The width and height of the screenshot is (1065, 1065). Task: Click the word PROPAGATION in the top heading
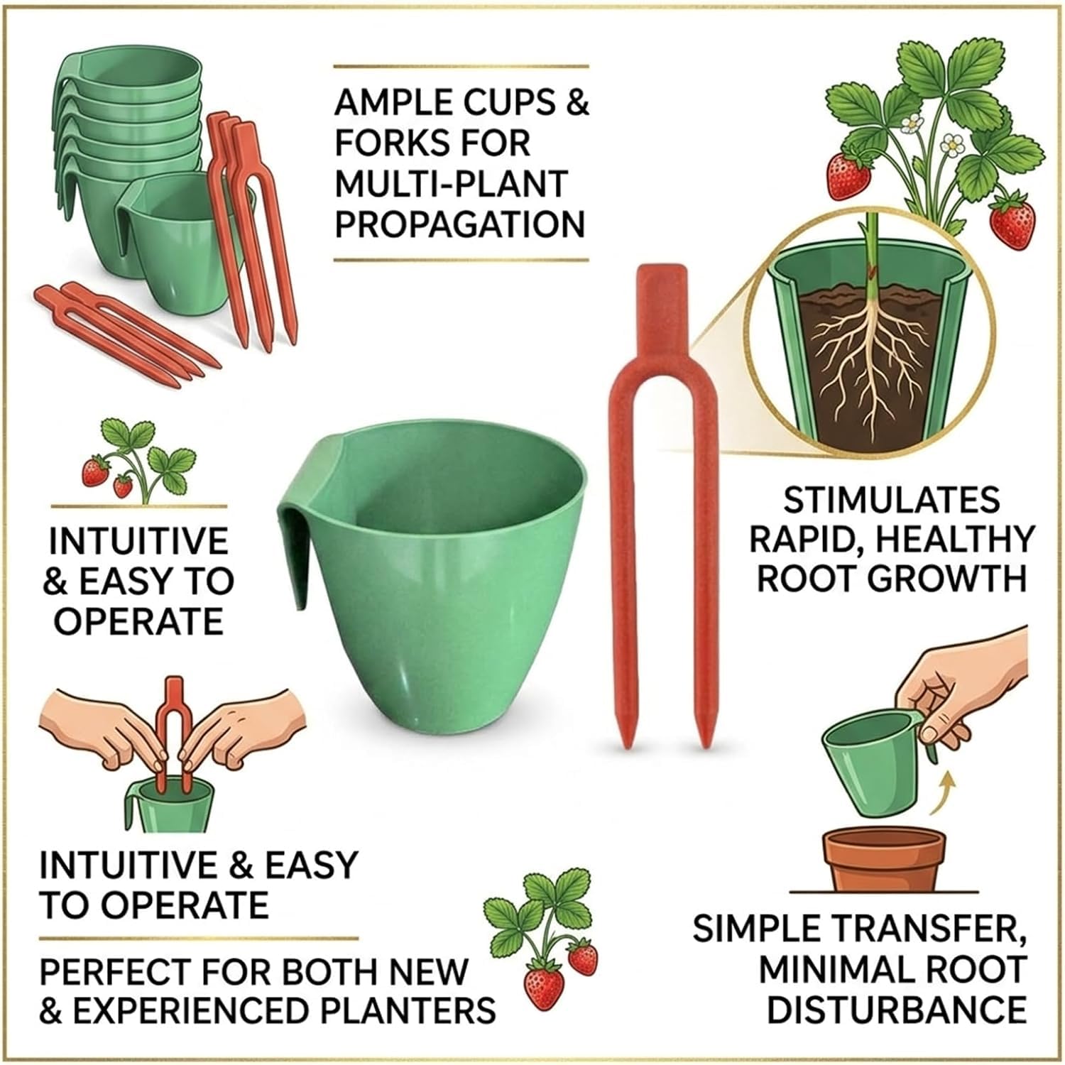(460, 224)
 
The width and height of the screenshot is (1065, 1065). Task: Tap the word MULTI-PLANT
(452, 183)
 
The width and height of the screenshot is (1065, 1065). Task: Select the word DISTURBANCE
(896, 1009)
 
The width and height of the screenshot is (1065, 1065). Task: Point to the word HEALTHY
(954, 540)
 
